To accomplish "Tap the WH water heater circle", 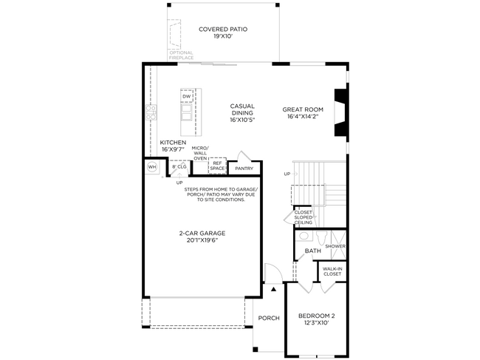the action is (x=152, y=167).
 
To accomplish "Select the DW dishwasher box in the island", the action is (x=187, y=96).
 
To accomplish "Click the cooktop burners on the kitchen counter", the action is (x=151, y=112).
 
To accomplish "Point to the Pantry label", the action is (x=244, y=169).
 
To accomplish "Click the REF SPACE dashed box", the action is (x=217, y=166).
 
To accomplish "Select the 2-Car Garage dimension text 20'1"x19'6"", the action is (x=202, y=240).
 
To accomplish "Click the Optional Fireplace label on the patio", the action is (x=181, y=55).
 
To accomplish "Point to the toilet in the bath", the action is (x=321, y=237).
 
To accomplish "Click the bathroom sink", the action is (x=304, y=236).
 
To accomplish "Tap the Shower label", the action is (x=335, y=246).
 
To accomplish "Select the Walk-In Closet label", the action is (x=332, y=271).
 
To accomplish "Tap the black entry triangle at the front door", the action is (x=273, y=288).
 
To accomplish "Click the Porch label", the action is (x=269, y=318).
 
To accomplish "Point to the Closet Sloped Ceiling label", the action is (x=304, y=217).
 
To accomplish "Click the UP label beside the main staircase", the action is (x=287, y=174).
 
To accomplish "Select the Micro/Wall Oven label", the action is (x=200, y=153).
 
